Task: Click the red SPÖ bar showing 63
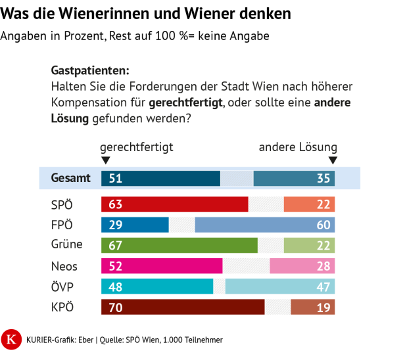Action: (174, 204)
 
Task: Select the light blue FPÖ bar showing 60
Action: (264, 225)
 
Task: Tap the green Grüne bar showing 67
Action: (179, 245)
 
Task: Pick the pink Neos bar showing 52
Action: (162, 266)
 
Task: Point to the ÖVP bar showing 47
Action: (279, 286)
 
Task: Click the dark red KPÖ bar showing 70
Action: (183, 307)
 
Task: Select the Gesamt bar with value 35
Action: (294, 178)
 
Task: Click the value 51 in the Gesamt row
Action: (116, 178)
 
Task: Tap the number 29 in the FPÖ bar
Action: (116, 225)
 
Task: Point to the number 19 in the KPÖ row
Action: (323, 307)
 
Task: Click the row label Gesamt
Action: (70, 178)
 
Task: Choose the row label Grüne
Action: (66, 245)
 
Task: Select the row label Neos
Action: (64, 266)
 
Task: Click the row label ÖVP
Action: (62, 286)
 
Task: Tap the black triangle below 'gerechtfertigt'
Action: (105, 160)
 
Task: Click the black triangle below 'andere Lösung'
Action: (333, 160)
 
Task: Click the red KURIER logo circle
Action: (11, 339)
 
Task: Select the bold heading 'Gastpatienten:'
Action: (90, 70)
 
